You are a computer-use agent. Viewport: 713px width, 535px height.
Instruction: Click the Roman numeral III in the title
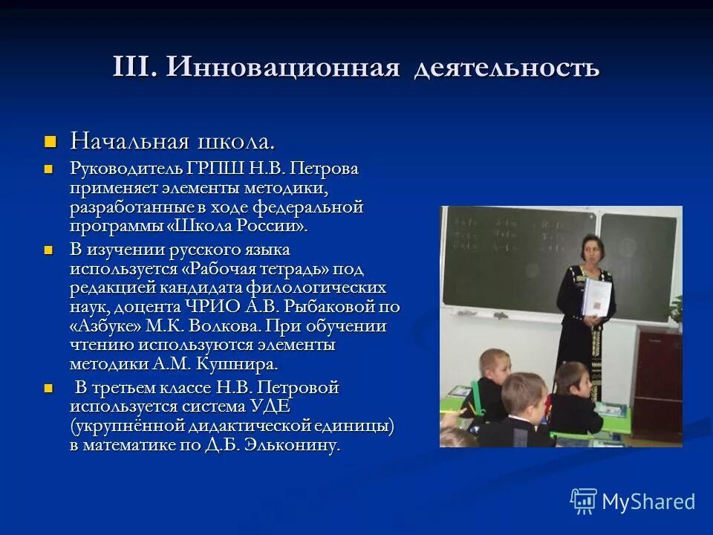tap(134, 68)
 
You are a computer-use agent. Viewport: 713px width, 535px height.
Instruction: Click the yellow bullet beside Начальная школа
tap(51, 140)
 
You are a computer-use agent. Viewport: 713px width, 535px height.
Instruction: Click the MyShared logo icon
tap(584, 501)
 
